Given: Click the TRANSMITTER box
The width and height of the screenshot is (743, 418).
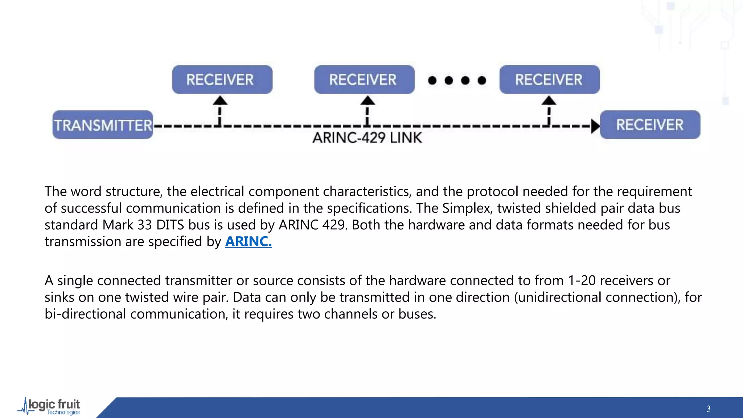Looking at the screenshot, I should (x=103, y=125).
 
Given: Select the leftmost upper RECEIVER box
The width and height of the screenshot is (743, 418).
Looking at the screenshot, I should (x=222, y=79).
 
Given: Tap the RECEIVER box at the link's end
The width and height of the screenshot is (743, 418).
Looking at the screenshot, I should (x=650, y=125).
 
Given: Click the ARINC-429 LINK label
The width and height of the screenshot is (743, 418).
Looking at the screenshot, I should (x=367, y=138).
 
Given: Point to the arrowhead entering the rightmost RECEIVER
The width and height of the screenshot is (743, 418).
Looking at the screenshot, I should (x=595, y=126).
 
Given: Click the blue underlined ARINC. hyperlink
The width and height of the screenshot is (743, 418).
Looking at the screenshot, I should (x=248, y=241).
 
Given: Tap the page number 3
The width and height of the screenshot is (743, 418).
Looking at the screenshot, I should (x=708, y=409).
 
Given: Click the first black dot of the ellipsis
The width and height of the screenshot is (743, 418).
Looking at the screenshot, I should (x=432, y=80).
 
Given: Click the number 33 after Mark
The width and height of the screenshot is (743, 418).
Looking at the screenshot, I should (x=144, y=225).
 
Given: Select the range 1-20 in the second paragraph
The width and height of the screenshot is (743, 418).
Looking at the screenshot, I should (x=582, y=280).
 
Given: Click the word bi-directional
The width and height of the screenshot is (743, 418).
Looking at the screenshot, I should (x=85, y=314).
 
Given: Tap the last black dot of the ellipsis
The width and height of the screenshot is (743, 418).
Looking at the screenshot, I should (x=482, y=80).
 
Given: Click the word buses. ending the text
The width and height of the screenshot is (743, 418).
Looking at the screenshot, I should (x=417, y=314).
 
